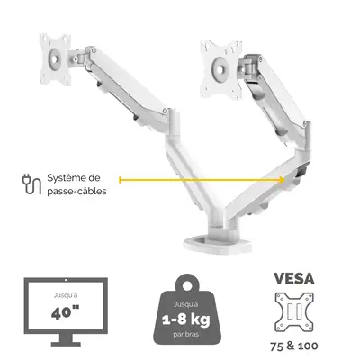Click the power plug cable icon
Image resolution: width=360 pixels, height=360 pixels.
coord(31,184)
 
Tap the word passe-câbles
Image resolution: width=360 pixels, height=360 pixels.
coord(76,191)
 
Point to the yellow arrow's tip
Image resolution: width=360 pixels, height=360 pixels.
coord(283,180)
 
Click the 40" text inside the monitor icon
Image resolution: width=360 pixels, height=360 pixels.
coord(66,313)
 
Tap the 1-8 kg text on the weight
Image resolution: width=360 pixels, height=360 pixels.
coord(186,319)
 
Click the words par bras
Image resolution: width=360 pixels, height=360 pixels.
coord(186,334)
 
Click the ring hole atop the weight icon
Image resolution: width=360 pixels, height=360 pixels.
coord(187,285)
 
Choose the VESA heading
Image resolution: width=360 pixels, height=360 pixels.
coord(294,279)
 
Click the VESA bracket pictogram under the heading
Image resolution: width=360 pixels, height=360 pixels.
coord(294,312)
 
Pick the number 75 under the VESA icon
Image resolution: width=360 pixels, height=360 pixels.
coord(277,346)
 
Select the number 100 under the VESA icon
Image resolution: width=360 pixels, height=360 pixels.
coord(307,346)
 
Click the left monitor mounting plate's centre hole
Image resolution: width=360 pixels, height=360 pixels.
coord(54,58)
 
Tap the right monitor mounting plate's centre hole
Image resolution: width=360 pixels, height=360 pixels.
coord(220,69)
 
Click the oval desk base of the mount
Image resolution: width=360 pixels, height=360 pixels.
coord(218,242)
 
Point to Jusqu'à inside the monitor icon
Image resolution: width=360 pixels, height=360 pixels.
coord(66,295)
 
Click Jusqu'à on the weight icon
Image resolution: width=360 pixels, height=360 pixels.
coord(186,305)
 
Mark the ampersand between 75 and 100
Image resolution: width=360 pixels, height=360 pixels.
coord(291,346)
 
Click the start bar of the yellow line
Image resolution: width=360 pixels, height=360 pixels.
coord(120,180)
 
